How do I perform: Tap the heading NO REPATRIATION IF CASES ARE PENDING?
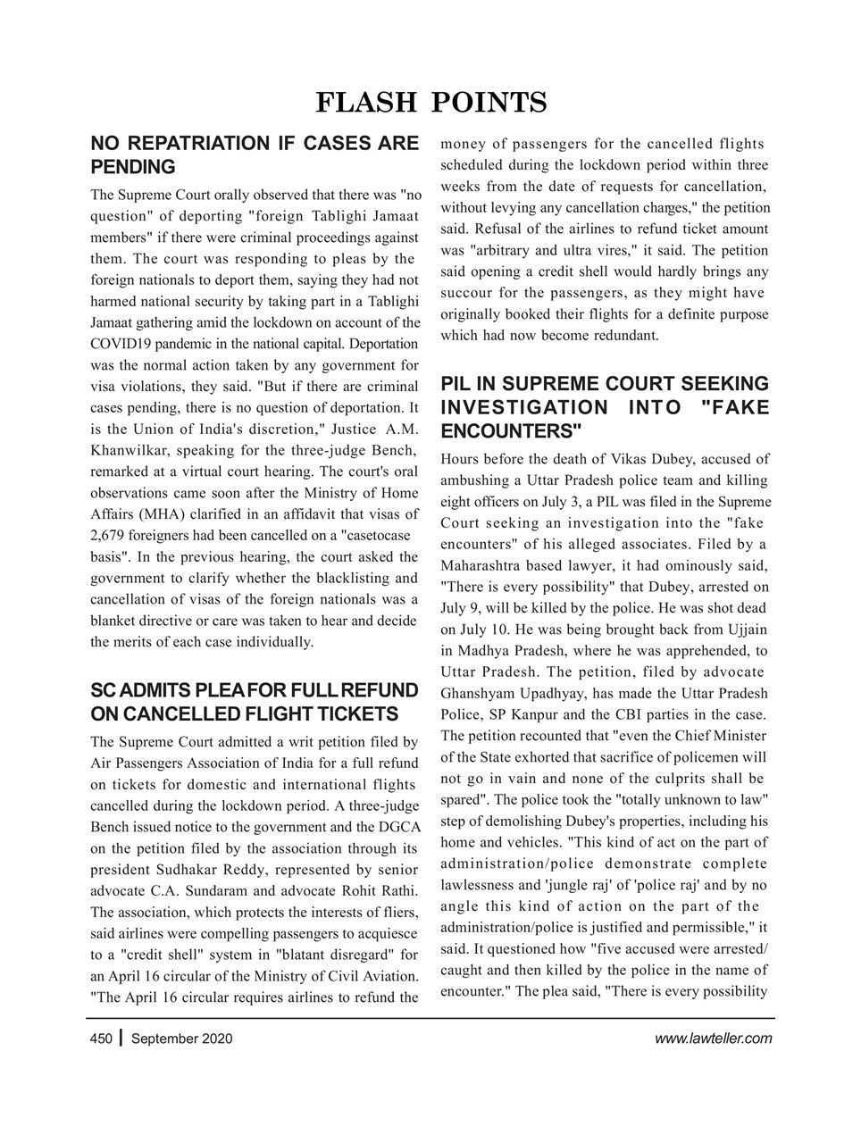pyautogui.click(x=255, y=155)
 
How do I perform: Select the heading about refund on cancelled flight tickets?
pyautogui.click(x=255, y=703)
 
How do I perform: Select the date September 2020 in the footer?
pyautogui.click(x=181, y=1039)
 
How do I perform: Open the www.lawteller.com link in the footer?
pyautogui.click(x=713, y=1039)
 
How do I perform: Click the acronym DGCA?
pyautogui.click(x=400, y=827)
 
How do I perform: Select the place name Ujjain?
pyautogui.click(x=746, y=630)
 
